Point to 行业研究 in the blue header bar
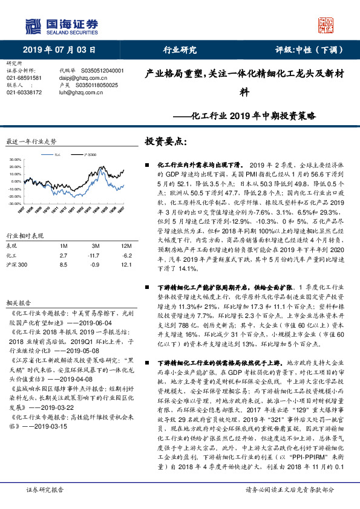coord(180,50)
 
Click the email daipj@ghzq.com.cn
coord(80,78)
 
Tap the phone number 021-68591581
coord(24,78)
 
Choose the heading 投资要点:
coord(166,141)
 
